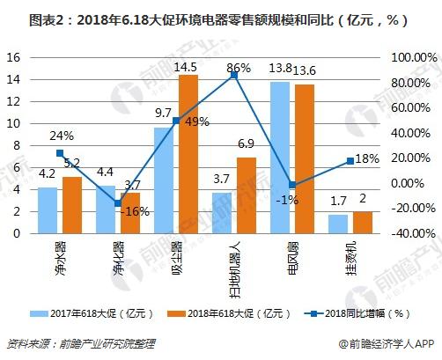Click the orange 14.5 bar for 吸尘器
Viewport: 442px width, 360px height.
pos(188,154)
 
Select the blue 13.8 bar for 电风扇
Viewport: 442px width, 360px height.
pos(280,158)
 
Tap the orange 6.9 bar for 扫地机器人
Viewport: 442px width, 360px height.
pos(247,195)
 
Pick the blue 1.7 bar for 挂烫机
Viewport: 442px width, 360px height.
pos(338,224)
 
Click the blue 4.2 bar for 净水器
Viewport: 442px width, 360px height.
pos(48,210)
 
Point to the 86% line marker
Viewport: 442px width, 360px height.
pos(235,76)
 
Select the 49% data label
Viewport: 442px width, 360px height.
pos(195,121)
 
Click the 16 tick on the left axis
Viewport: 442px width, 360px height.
pos(13,57)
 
